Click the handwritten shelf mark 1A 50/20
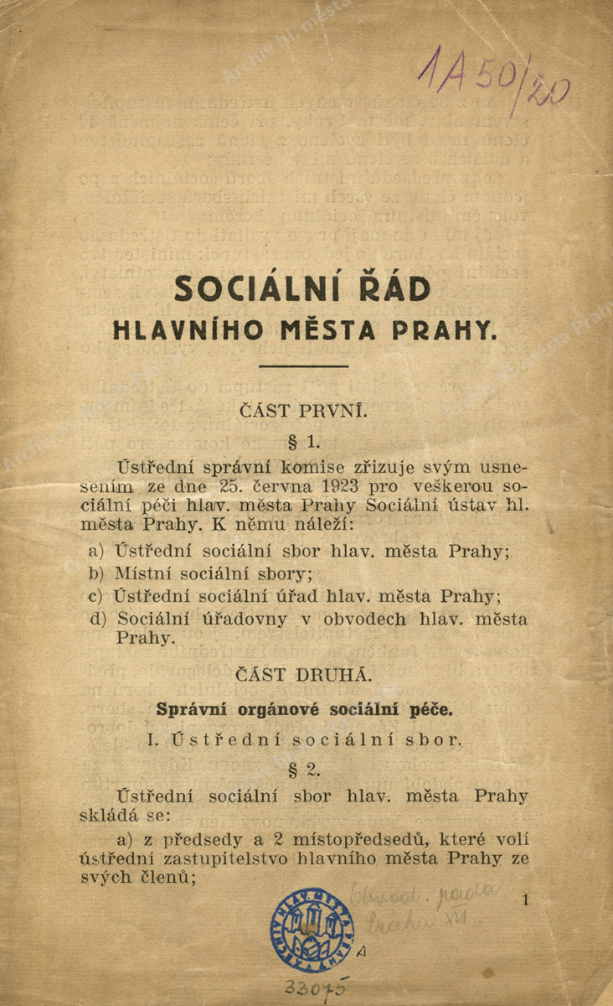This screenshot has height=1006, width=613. click(494, 79)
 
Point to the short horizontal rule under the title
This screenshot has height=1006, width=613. click(303, 366)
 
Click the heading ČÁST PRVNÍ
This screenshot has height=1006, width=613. click(303, 411)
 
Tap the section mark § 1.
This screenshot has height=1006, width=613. click(303, 440)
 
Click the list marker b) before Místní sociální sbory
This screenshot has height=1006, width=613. click(95, 574)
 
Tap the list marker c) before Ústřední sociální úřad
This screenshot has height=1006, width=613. click(95, 596)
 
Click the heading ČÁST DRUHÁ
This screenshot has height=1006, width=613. click(303, 674)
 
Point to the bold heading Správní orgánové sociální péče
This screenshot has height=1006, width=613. click(303, 709)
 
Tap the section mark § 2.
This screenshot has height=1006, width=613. click(303, 768)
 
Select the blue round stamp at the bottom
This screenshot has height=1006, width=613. click(312, 928)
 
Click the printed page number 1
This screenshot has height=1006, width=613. click(525, 900)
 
